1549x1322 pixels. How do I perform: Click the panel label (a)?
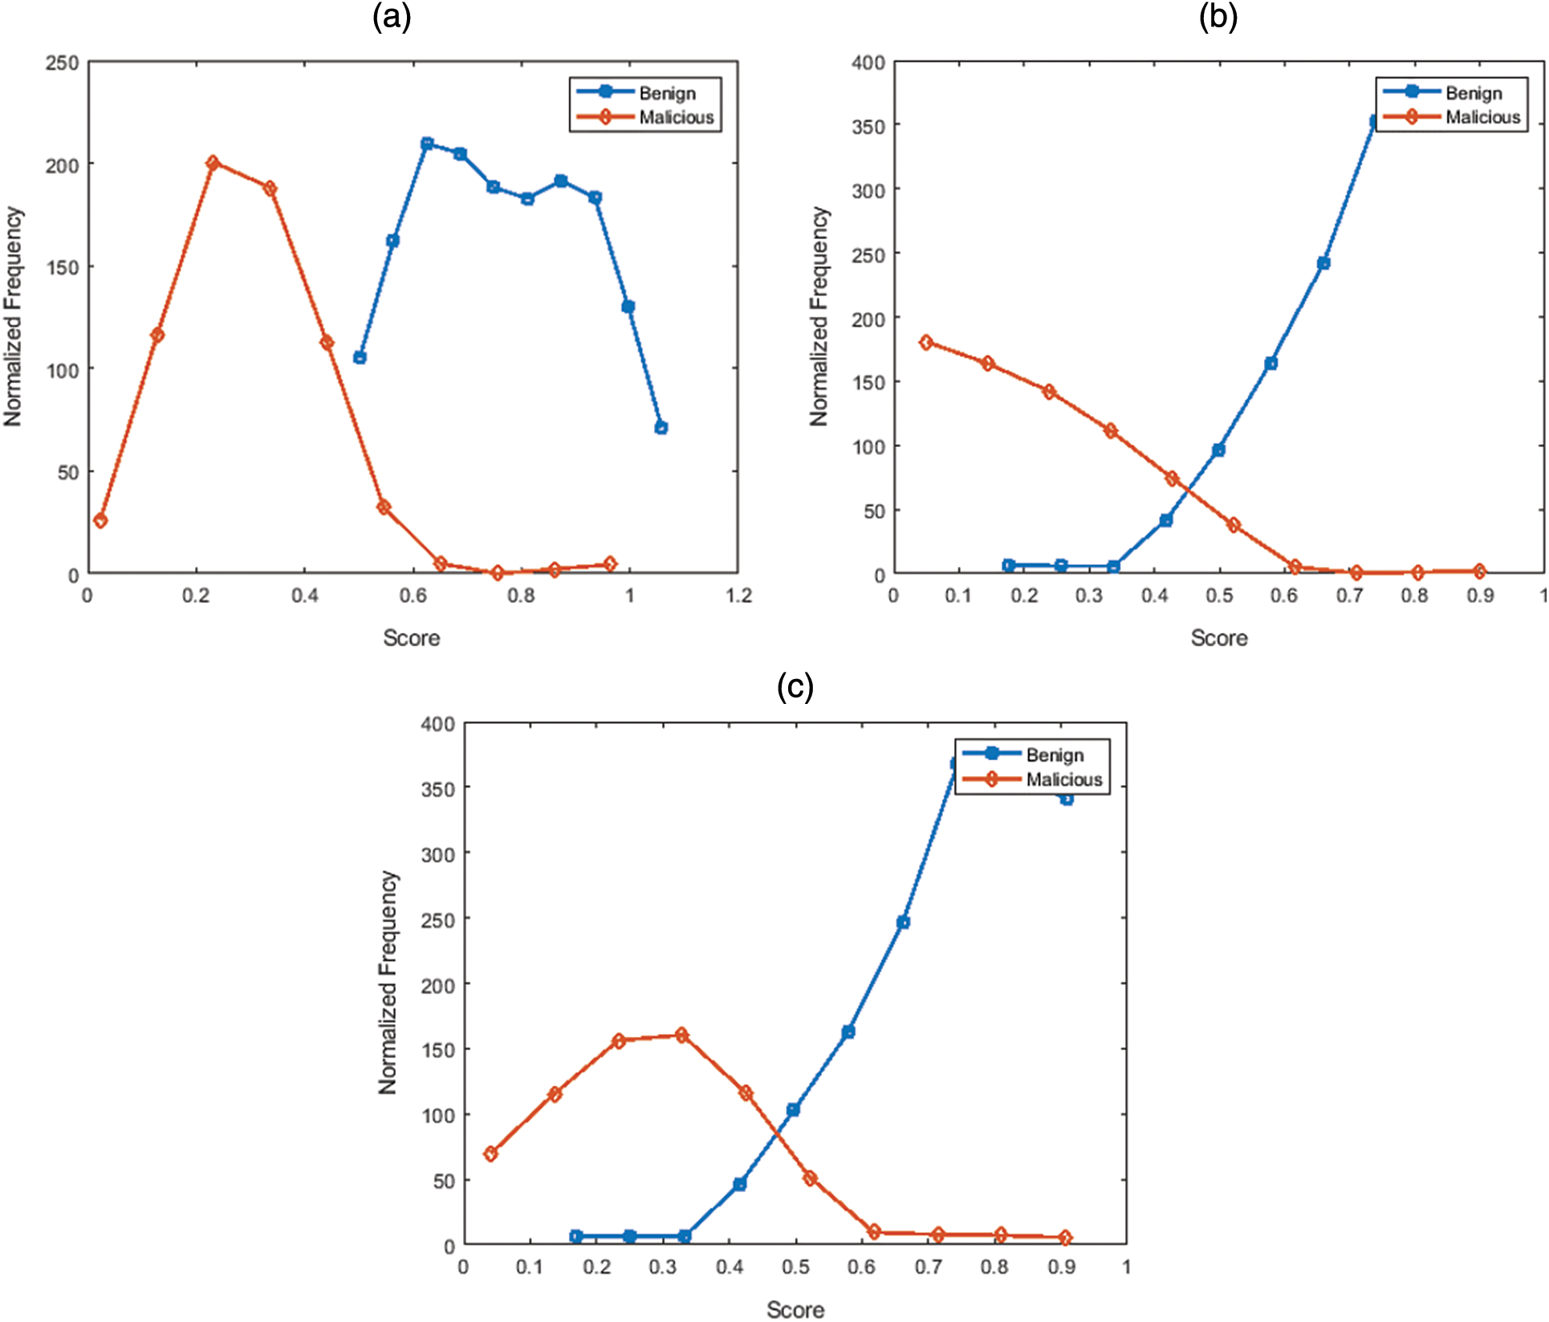coord(392,17)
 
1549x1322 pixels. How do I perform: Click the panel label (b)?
coord(1218,17)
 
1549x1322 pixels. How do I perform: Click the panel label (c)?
coord(795,687)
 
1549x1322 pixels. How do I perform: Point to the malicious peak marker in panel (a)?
coord(213,163)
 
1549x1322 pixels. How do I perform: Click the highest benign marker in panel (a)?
coord(427,144)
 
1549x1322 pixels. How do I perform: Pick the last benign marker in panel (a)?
coord(661,428)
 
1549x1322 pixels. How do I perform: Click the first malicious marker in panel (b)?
coord(926,343)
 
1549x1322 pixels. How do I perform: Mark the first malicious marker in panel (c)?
coord(490,1153)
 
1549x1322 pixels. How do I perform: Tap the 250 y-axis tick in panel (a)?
coord(62,63)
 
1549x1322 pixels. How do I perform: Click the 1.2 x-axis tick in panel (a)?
coord(738,596)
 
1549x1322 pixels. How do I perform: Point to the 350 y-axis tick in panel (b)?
coord(868,127)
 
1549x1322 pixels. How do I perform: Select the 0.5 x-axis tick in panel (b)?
coord(1219,596)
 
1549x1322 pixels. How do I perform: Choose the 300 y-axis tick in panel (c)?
coord(438,855)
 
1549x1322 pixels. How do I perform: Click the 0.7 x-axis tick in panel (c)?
coord(928,1267)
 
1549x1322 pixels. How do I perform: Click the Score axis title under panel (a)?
coord(411,638)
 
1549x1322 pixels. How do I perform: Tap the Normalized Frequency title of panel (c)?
coord(388,982)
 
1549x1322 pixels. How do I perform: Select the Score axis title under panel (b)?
coord(1218,638)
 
